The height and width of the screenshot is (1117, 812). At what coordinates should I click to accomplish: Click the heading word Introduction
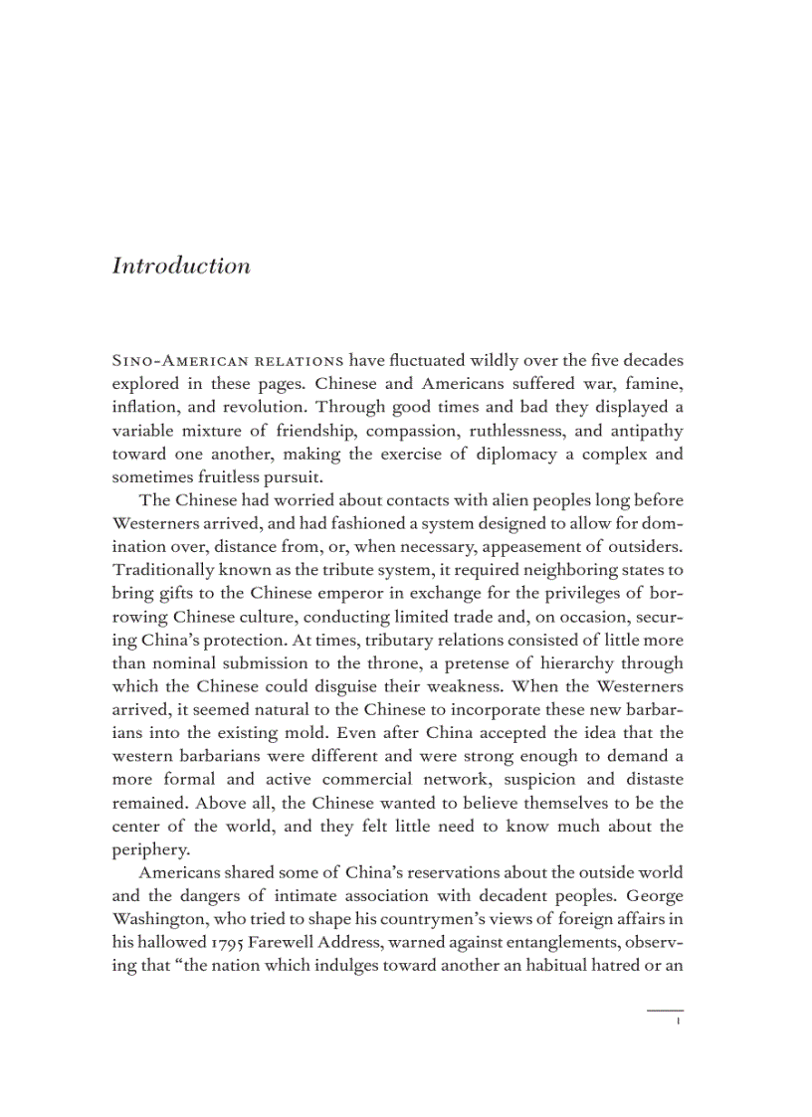coord(180,267)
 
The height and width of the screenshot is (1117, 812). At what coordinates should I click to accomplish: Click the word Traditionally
coord(163,571)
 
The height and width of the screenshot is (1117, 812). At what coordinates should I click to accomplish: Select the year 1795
coord(232,943)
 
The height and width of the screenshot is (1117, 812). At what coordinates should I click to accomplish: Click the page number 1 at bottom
coord(676,1022)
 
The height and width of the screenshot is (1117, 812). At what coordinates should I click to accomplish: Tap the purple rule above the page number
coord(665,1011)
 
